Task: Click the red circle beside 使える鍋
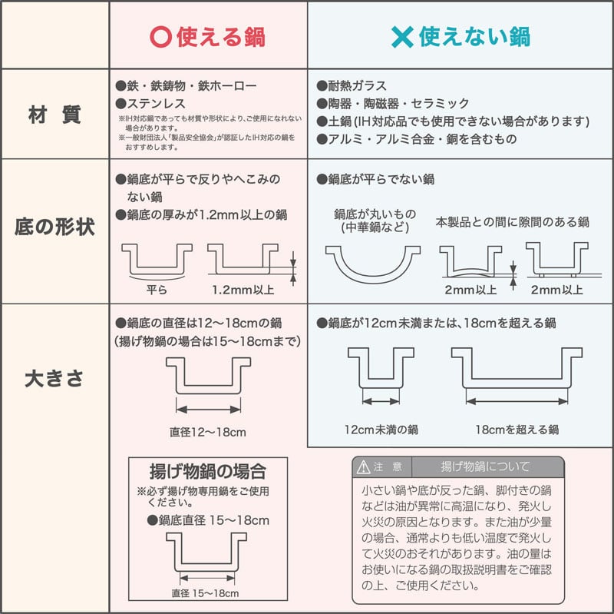[x=161, y=37]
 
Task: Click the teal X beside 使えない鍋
[x=402, y=37]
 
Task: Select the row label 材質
[x=54, y=115]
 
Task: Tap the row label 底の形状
[x=54, y=227]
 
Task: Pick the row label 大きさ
[x=54, y=379]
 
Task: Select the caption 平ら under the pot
[x=157, y=290]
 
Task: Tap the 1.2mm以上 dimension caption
[x=243, y=290]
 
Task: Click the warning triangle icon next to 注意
[x=363, y=466]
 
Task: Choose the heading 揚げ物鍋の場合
[x=208, y=471]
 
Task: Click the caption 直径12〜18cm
[x=208, y=432]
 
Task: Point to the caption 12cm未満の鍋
[x=381, y=430]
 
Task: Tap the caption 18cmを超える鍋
[x=517, y=430]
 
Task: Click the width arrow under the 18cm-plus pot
[x=517, y=401]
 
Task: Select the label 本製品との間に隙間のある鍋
[x=512, y=222]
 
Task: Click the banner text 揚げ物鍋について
[x=486, y=466]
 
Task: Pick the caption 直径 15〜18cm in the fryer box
[x=205, y=593]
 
